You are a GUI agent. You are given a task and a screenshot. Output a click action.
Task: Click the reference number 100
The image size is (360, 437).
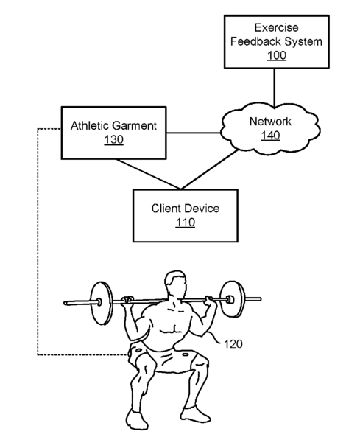point(277,55)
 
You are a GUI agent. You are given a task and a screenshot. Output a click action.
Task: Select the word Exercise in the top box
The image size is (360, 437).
point(277,27)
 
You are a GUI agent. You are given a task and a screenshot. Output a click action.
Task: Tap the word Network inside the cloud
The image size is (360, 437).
point(270,122)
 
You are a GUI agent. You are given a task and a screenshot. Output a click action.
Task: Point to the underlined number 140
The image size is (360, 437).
point(270,136)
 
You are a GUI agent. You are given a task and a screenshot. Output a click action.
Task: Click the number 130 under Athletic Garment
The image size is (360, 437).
point(113,139)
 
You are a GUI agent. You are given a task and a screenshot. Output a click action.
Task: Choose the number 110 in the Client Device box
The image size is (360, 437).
point(185,223)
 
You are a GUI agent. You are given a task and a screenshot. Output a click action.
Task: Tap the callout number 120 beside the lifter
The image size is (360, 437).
point(233,344)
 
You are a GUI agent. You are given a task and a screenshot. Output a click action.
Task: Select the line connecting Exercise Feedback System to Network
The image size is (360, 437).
point(275,88)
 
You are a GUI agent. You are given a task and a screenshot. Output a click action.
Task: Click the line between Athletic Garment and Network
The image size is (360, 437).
point(194,133)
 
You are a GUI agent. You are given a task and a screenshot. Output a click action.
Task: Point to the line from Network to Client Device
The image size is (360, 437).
point(209,169)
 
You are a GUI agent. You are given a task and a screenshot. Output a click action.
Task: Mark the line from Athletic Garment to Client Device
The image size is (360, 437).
point(149,174)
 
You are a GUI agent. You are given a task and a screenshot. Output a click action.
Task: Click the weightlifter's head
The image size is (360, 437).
point(175,284)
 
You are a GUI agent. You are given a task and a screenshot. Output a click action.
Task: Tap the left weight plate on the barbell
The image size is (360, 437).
point(102,303)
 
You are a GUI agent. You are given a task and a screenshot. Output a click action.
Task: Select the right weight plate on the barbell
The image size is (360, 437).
point(233,299)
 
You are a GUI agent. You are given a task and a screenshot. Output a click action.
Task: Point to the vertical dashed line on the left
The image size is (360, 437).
point(38,242)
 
